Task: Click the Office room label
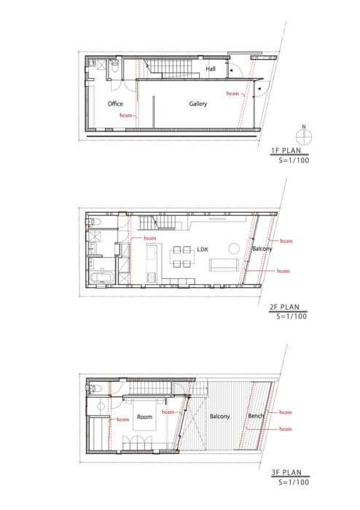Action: [x=115, y=103]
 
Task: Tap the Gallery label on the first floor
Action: [x=198, y=103]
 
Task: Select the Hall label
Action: [x=211, y=69]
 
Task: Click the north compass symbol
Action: [x=304, y=137]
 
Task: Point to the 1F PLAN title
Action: [x=286, y=151]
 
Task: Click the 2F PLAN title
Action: [x=284, y=307]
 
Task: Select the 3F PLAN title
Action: [x=286, y=472]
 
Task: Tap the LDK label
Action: [x=203, y=249]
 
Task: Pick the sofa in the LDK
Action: [x=224, y=264]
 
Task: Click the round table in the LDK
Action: [x=234, y=248]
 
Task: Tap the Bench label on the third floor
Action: [x=256, y=416]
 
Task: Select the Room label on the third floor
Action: [x=144, y=417]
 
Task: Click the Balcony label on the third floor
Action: [x=219, y=416]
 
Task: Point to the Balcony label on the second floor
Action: [x=262, y=249]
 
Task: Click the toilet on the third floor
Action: [x=94, y=388]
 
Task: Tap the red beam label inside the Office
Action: [x=126, y=115]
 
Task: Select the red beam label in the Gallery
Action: [x=232, y=93]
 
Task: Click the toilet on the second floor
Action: [x=94, y=221]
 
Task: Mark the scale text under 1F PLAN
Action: [x=294, y=160]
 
